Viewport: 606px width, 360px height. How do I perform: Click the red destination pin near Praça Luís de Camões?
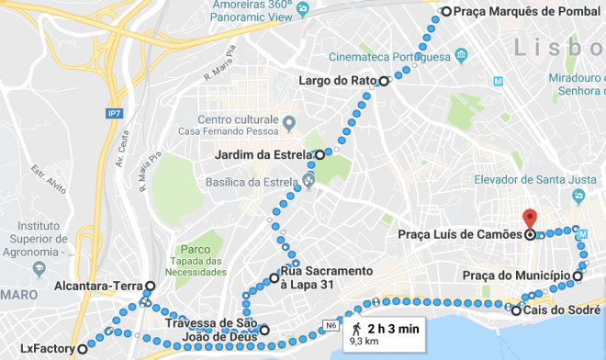(x=529, y=219)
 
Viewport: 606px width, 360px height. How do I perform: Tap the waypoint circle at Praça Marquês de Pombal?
(x=445, y=12)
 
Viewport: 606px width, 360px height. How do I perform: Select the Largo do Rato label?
(x=338, y=81)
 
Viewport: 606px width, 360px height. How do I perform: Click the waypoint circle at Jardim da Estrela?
(x=320, y=154)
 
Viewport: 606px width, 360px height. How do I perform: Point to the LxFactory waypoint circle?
(x=82, y=349)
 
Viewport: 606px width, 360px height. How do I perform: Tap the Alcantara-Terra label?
(x=96, y=286)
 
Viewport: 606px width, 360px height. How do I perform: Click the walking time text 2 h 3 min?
(x=394, y=328)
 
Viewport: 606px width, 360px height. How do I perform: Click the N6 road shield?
(x=331, y=323)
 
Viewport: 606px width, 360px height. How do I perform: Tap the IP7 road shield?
(x=114, y=113)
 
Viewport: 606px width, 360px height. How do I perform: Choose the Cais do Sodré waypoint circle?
(x=516, y=310)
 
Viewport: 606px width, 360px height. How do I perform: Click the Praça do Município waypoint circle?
(x=578, y=276)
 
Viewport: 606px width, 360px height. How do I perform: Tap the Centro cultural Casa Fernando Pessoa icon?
(x=288, y=122)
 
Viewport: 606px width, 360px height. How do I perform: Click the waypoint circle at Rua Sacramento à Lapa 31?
(x=274, y=277)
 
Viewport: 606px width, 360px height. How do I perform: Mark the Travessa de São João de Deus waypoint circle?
(x=264, y=330)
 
